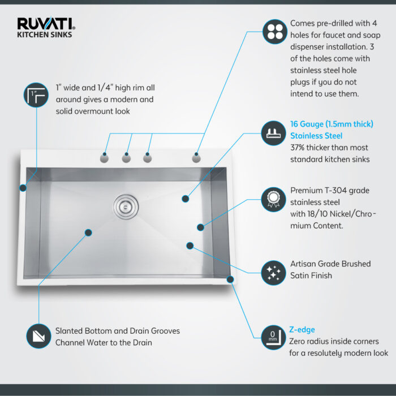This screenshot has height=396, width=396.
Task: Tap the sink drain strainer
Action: [x=124, y=204]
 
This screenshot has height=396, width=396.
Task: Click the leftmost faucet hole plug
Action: [x=105, y=158]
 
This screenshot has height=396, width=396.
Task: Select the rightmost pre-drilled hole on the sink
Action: [x=196, y=158]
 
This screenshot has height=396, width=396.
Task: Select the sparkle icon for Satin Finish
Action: [x=274, y=272]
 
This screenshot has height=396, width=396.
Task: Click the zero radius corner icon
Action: [x=274, y=337]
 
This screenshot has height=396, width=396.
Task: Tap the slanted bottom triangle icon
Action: [x=38, y=335]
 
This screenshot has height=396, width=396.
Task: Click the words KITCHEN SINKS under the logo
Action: [x=44, y=35]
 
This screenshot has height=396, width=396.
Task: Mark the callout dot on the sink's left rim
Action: [x=23, y=188]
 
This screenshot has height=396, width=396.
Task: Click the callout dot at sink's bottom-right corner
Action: [x=230, y=279]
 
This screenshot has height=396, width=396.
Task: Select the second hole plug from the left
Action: [x=126, y=158]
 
